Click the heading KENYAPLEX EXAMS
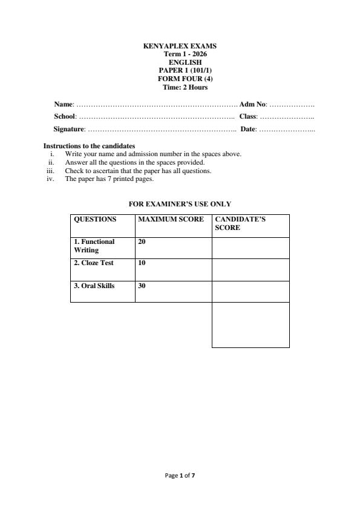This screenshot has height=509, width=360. click(180, 46)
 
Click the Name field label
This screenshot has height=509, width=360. click(64, 105)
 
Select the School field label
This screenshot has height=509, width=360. click(65, 116)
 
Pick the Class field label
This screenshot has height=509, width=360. click(248, 116)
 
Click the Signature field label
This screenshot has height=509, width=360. click(69, 129)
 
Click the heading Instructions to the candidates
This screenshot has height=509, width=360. click(89, 146)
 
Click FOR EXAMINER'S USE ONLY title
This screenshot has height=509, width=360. click(180, 205)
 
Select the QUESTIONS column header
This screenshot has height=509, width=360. click(94, 220)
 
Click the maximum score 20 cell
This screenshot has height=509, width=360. click(142, 241)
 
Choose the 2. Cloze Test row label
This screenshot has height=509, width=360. click(94, 263)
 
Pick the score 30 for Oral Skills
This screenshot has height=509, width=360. click(142, 286)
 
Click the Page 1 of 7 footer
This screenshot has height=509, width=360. click(180, 476)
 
